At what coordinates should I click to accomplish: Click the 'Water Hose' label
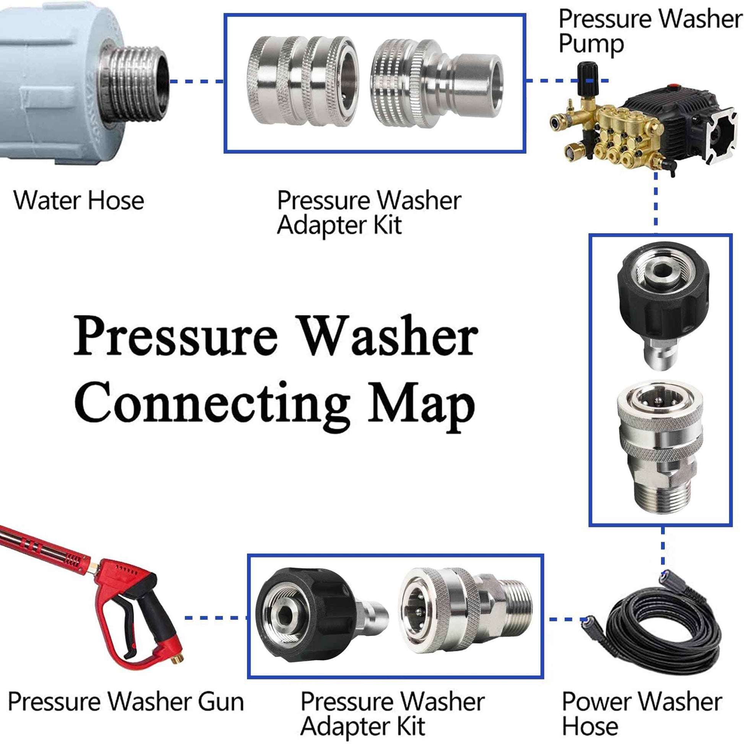(x=78, y=200)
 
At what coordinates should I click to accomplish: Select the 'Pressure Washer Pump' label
(x=651, y=31)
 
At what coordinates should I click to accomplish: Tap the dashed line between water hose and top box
(x=197, y=81)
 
